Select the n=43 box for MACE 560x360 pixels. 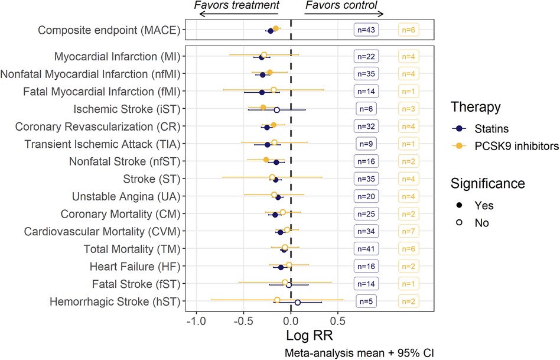(366, 30)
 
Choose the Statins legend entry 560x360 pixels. (484, 127)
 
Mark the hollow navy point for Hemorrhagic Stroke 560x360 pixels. (298, 302)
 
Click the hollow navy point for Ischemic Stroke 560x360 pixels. (276, 109)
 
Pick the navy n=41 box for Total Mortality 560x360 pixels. (366, 248)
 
